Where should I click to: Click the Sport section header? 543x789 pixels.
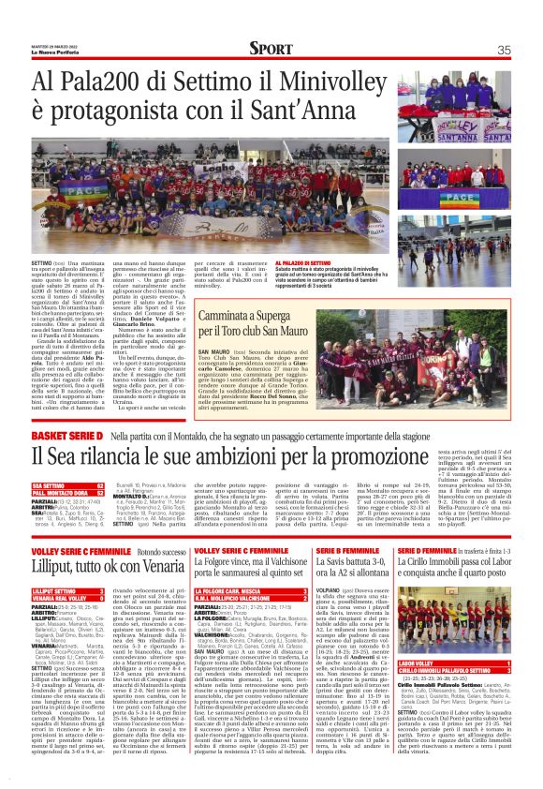pos(271,48)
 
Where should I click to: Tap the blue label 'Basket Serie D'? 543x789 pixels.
pos(66,409)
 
